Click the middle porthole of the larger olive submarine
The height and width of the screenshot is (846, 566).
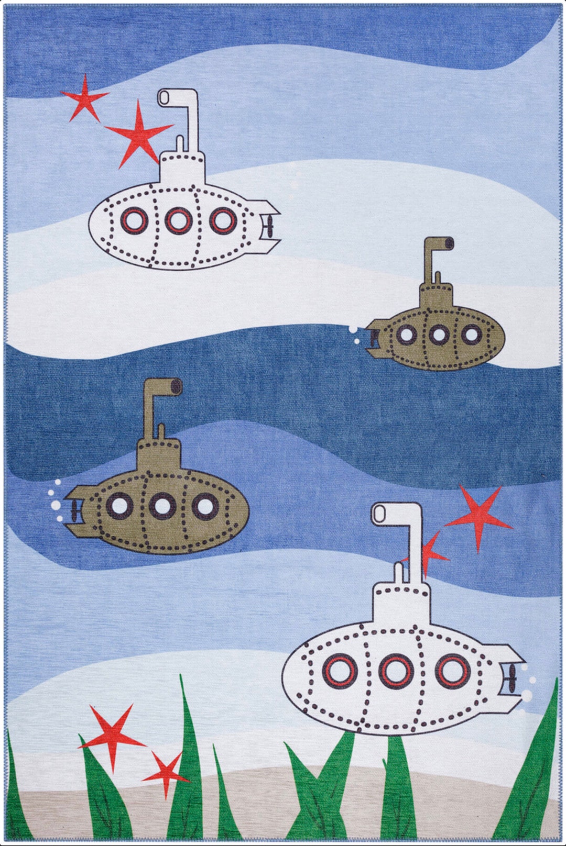click(x=161, y=506)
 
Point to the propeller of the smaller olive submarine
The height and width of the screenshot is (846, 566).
click(x=373, y=338)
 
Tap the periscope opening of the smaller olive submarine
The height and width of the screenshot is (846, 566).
click(x=450, y=243)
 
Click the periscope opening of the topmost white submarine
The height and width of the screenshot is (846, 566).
click(x=164, y=97)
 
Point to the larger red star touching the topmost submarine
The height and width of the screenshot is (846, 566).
click(x=138, y=131)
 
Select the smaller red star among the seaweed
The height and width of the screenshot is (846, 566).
click(x=166, y=773)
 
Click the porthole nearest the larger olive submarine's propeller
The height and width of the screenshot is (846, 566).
click(x=119, y=506)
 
